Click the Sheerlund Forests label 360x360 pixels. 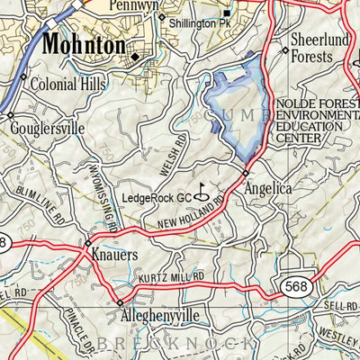[x=319, y=49]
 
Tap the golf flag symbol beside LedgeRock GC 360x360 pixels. [x=203, y=192]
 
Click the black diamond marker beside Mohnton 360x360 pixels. [x=135, y=57]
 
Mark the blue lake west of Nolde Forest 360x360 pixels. [x=238, y=108]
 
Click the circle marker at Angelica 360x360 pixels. [x=245, y=173]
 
